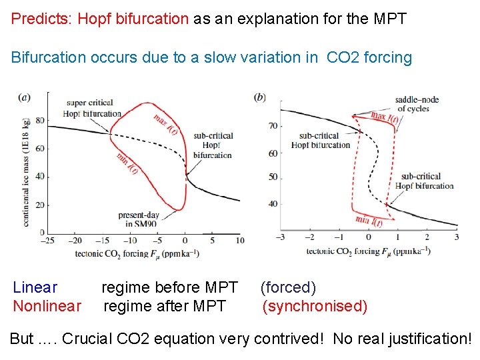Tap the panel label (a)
pos(24,97)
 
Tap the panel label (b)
pos(260,97)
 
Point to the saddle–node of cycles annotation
pos(417,104)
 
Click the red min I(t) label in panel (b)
pos(369,221)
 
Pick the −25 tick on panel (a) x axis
pos(47,241)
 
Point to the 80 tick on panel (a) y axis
pos(40,121)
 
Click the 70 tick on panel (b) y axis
pos(273,125)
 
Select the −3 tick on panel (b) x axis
pos(281,237)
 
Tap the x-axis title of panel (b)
pos(368,251)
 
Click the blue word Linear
pos(35,288)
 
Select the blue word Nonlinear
pos(47,307)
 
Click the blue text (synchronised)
pos(315,307)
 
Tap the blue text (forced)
pos(288,288)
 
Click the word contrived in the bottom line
pos(281,339)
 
